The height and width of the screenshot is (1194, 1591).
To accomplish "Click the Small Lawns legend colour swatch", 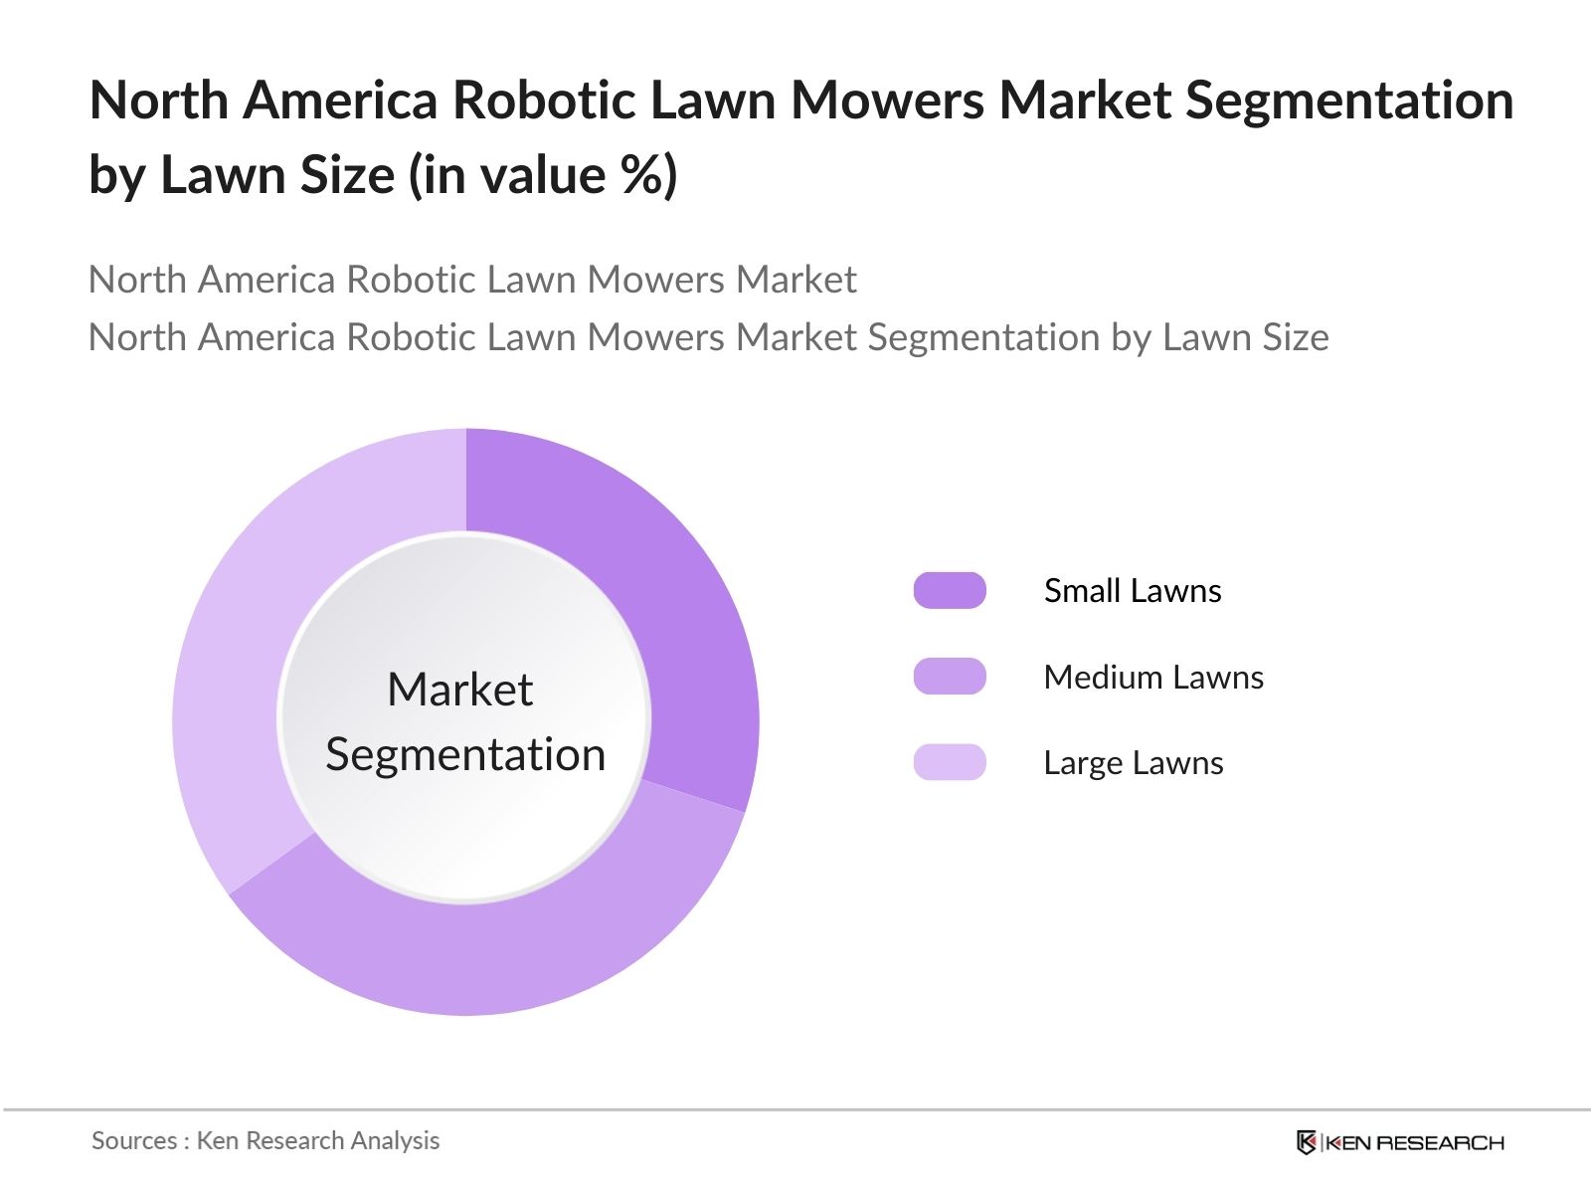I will click(950, 590).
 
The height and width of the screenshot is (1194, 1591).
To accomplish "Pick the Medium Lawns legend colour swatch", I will click(950, 677).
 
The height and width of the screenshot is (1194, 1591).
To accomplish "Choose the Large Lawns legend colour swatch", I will click(950, 762).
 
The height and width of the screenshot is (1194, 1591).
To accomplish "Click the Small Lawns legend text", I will click(1133, 590).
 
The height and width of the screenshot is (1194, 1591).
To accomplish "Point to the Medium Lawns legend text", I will click(1153, 677).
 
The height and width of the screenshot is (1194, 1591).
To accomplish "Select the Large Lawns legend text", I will click(1134, 762).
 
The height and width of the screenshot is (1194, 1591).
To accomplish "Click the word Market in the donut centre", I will click(459, 690).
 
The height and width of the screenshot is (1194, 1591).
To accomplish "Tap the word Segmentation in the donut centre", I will click(465, 754).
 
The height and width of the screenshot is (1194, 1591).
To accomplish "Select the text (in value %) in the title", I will click(543, 175).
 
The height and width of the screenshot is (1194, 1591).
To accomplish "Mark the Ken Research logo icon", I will click(1307, 1142).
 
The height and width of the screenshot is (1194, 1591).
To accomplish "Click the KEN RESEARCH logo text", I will click(1415, 1142).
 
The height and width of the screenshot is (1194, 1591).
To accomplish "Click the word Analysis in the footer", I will click(395, 1140).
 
